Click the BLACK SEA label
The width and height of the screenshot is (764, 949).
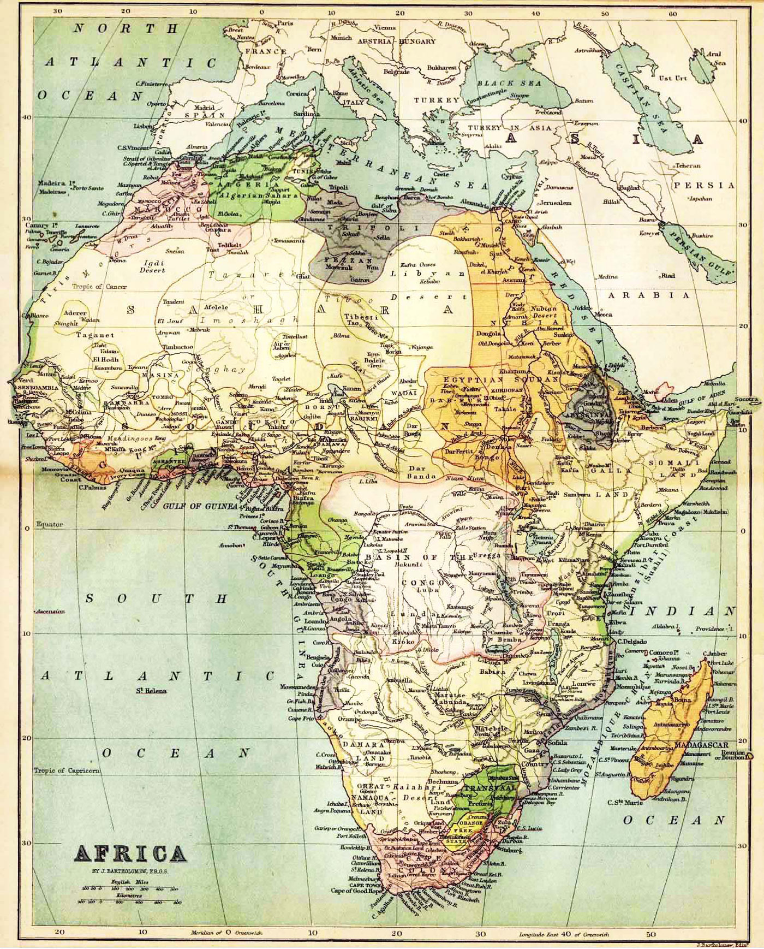click(509, 83)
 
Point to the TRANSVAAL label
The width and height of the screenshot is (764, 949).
click(487, 788)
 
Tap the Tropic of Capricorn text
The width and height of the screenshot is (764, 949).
click(67, 770)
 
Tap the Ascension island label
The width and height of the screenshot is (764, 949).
click(51, 611)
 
